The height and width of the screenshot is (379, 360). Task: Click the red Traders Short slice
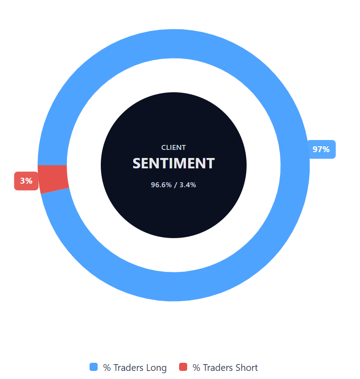coord(53,179)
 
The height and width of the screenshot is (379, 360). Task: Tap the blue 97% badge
coord(321,149)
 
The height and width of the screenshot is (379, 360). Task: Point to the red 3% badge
coord(26,181)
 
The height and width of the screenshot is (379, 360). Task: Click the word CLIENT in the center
coord(173,148)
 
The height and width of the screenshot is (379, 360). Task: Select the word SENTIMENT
coord(173,163)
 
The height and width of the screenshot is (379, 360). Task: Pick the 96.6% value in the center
coord(161,185)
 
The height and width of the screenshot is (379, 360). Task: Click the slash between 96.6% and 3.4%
coord(175,185)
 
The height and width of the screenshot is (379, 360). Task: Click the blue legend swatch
coord(94,367)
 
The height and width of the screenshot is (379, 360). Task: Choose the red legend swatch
coord(183,367)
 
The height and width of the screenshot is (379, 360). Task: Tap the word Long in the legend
coord(156,368)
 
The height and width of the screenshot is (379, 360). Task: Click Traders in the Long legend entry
coord(128,368)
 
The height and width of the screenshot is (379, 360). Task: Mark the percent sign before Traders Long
coord(107,368)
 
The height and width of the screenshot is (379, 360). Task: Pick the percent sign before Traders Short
coord(196,368)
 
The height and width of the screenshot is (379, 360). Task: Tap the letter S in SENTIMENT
coord(137,163)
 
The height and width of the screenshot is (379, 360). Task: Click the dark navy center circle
coord(173,212)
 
